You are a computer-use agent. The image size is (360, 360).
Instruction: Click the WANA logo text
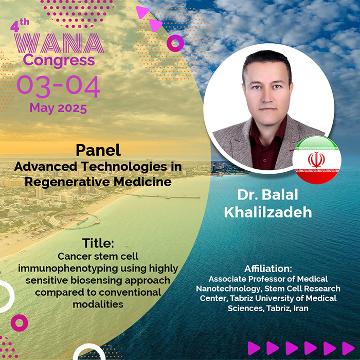tap(59, 43)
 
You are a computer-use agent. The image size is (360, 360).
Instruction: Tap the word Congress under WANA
tap(59, 61)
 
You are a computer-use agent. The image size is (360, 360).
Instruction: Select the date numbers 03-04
tap(58, 86)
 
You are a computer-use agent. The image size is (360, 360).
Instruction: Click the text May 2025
tap(58, 108)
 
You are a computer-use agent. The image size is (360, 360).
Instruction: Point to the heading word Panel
tap(98, 150)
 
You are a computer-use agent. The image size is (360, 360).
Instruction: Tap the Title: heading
tap(98, 243)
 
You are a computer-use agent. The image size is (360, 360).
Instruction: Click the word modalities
tap(98, 304)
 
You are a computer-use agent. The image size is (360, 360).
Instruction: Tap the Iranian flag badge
tap(317, 160)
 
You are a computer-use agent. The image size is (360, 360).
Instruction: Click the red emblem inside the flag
tap(316, 159)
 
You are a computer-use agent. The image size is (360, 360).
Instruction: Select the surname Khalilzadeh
tap(268, 212)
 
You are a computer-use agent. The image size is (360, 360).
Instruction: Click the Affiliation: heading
tap(268, 268)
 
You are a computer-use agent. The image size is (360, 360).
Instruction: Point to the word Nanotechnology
tap(228, 289)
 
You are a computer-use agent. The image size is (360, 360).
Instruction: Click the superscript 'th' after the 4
tap(24, 22)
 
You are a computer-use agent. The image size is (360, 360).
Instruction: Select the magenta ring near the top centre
tap(175, 43)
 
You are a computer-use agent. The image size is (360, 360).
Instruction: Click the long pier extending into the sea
tap(163, 196)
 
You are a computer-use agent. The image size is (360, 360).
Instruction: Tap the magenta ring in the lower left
tap(20, 323)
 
